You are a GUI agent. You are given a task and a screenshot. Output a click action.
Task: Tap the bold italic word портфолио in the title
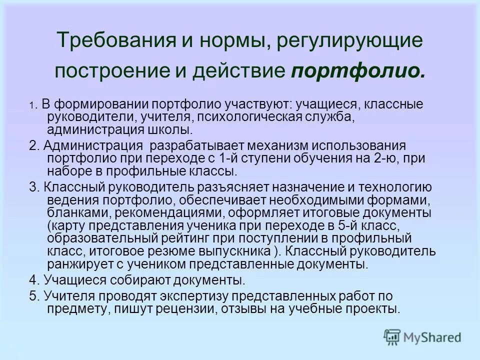pyautogui.click(x=358, y=70)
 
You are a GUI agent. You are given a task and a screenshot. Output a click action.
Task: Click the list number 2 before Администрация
pyautogui.click(x=32, y=146)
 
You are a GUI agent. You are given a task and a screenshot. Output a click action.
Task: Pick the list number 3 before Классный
pyautogui.click(x=32, y=187)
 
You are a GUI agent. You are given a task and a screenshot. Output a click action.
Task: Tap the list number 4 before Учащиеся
pyautogui.click(x=32, y=279)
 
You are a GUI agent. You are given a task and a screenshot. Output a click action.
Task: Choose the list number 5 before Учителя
pyautogui.click(x=32, y=295)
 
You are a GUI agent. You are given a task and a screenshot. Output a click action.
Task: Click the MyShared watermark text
pyautogui.click(x=432, y=337)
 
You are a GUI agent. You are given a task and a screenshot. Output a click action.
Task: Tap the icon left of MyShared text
pyautogui.click(x=392, y=337)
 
